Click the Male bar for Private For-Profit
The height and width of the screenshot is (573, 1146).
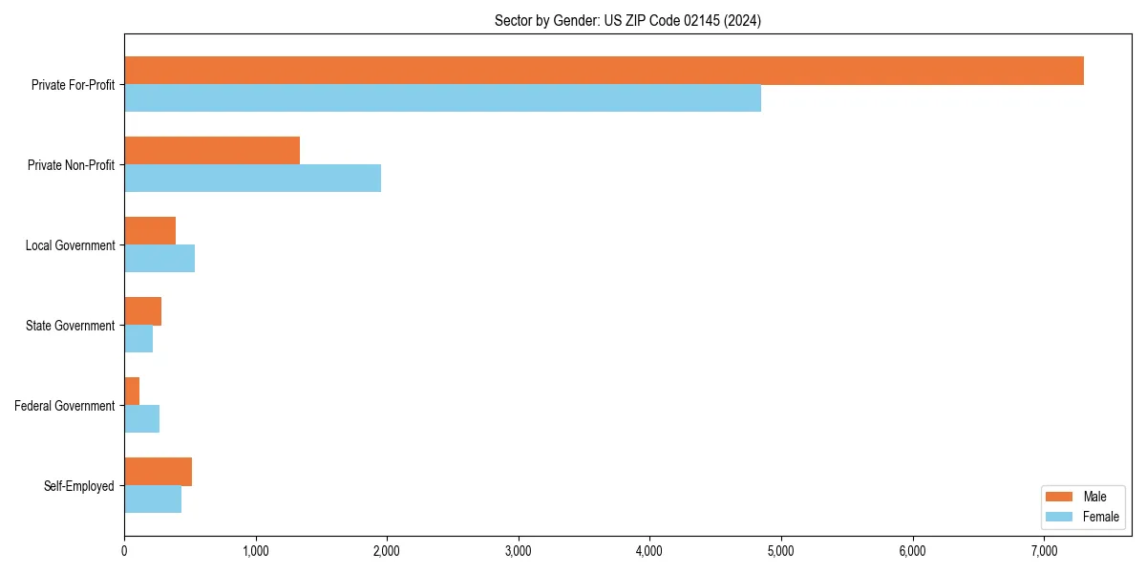[604, 71]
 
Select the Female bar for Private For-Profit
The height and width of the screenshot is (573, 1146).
[442, 98]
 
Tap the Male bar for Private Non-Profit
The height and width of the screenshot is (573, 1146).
[212, 151]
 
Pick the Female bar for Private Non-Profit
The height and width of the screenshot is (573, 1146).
[252, 179]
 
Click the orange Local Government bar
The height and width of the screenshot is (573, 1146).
[150, 231]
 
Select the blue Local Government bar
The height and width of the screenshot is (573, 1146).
[159, 259]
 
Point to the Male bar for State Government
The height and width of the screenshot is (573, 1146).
[143, 311]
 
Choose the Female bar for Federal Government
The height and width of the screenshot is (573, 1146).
[142, 419]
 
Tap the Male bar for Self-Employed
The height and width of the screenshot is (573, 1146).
[158, 472]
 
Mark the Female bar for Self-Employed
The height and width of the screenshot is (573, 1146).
[153, 499]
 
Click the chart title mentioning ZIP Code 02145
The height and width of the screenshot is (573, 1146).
[627, 20]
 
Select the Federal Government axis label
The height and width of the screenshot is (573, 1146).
[65, 406]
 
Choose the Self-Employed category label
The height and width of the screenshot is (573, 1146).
[79, 486]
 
